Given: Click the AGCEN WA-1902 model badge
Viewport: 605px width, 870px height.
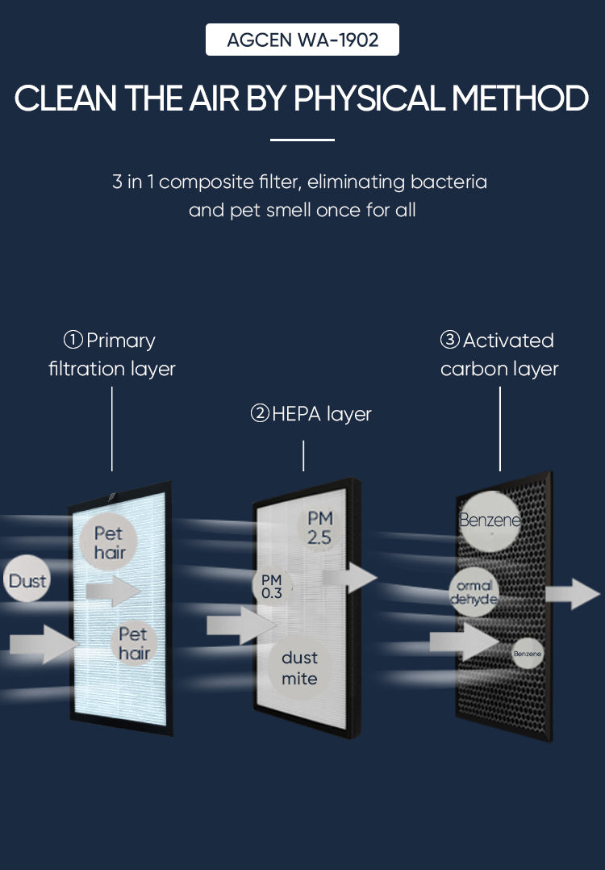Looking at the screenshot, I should point(302,40).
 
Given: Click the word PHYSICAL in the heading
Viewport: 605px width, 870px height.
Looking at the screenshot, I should point(369,98).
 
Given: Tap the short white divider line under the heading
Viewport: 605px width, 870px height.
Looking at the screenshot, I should point(302,140).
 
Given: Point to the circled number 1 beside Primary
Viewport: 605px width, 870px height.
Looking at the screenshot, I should point(73,341).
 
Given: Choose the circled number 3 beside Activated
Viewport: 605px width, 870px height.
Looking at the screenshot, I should point(449,341).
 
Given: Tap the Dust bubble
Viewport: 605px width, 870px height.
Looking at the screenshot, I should point(27,581).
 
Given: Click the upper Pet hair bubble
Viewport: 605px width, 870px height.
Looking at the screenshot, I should point(110,543).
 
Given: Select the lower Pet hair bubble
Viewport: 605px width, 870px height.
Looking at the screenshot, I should point(134,643).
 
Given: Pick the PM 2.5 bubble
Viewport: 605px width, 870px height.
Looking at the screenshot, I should point(319,528).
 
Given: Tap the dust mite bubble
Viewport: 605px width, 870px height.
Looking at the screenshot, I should point(299,668).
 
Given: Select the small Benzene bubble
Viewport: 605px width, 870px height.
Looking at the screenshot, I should point(528,653).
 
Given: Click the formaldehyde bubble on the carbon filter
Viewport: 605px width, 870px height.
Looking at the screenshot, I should point(474,593).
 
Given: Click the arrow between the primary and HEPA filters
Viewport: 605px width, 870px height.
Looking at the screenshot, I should point(236,625).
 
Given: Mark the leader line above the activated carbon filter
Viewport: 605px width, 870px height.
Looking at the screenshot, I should point(500,428).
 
